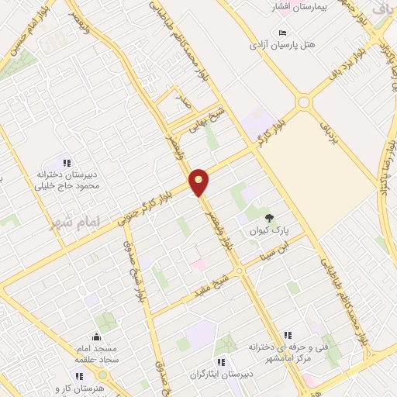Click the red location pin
[x=199, y=181]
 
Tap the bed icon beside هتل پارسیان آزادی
[x=281, y=33]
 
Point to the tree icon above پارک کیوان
[x=269, y=219]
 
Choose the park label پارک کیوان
[x=268, y=230]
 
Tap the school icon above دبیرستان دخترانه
[x=67, y=163]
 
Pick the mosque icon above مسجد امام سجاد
[x=96, y=337]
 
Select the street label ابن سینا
[x=278, y=250]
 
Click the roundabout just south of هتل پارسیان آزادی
[x=303, y=102]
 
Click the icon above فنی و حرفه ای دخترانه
[x=288, y=334]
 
